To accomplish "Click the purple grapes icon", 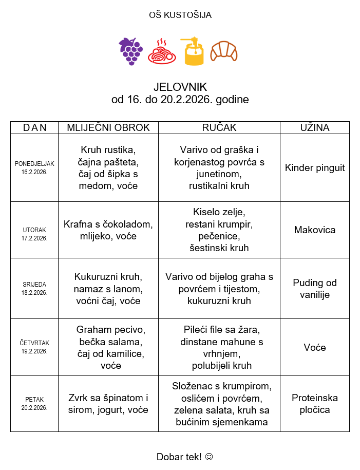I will [130, 51].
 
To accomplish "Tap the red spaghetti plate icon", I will [162, 51].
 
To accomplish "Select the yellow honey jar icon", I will [193, 51].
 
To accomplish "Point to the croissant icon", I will [224, 51].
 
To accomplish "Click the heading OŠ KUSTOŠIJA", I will [180, 15].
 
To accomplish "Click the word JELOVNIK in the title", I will [180, 87].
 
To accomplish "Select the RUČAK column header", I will [219, 128].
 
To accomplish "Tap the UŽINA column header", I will [315, 128].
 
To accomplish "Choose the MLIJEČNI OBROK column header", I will [108, 128].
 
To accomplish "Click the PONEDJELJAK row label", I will [34, 164].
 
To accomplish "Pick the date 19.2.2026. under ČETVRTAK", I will [34, 351].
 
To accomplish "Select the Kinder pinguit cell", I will [315, 168].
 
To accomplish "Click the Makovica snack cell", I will [315, 230].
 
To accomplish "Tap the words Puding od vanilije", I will [315, 289].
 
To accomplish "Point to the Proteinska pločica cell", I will [315, 404].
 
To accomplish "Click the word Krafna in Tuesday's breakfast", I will [78, 224].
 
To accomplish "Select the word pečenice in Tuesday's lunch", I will [219, 236].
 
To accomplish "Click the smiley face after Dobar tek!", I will [209, 457].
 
